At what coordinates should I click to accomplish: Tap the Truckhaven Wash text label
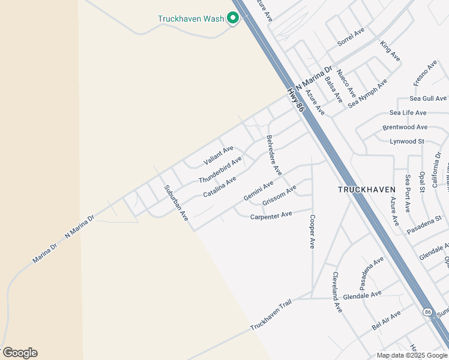[x=191, y=19]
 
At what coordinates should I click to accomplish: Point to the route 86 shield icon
[x=427, y=312]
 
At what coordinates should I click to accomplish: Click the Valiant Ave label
[x=218, y=155]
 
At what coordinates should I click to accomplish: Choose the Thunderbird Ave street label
[x=220, y=170]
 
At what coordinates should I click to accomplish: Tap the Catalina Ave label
[x=219, y=187]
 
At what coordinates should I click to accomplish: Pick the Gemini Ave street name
[x=259, y=190]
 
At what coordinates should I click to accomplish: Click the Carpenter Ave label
[x=271, y=215]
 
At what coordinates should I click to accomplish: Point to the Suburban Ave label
[x=176, y=202]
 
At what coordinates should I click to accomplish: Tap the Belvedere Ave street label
[x=274, y=155]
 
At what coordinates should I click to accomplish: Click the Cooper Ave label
[x=312, y=232]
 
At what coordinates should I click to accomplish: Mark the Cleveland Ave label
[x=336, y=292]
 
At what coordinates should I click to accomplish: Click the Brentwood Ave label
[x=405, y=127]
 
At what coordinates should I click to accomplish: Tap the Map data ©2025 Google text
[x=412, y=355]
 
